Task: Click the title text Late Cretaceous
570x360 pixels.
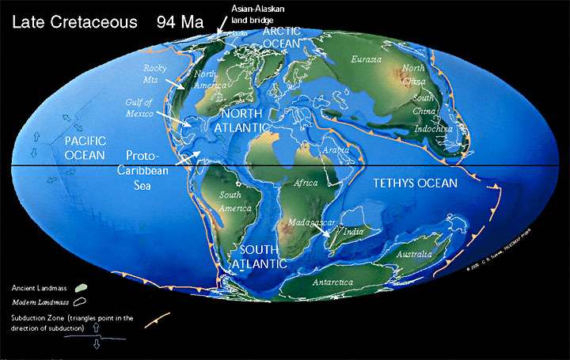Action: pos(69,21)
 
